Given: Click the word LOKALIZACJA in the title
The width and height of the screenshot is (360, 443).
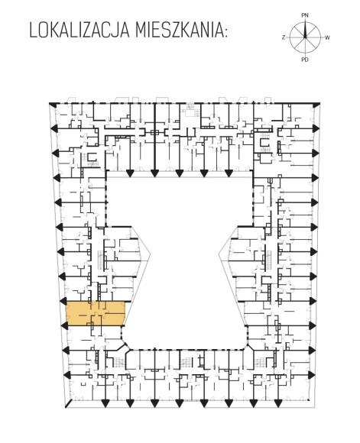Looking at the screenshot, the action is click(x=79, y=31).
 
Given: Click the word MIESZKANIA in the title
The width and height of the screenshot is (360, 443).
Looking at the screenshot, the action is click(x=177, y=31).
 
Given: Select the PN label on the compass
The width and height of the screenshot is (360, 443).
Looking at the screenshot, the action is click(x=305, y=15).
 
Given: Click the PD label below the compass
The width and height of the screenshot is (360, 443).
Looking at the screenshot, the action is click(x=305, y=60).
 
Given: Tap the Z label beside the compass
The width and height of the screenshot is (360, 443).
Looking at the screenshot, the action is click(x=284, y=37).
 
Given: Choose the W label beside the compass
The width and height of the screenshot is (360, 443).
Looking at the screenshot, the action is click(x=327, y=37).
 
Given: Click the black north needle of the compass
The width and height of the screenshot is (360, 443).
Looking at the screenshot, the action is click(x=305, y=29).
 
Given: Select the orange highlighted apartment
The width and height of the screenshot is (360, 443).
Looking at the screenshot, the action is click(x=96, y=313).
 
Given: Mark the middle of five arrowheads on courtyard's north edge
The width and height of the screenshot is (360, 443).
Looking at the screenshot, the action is click(x=179, y=173).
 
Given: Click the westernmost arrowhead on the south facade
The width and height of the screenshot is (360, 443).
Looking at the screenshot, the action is click(x=105, y=403).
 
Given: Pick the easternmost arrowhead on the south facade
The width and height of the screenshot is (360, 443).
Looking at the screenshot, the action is click(x=278, y=403).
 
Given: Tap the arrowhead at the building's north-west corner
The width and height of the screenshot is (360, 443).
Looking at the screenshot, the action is click(x=53, y=105).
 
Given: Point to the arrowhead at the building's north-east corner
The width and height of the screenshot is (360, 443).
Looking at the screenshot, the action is click(x=316, y=105).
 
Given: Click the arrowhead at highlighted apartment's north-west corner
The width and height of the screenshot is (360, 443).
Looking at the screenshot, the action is click(x=64, y=301).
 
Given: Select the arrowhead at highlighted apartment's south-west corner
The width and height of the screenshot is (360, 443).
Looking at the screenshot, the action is click(x=65, y=325).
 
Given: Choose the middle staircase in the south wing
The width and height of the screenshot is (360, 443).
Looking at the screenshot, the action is click(x=186, y=362).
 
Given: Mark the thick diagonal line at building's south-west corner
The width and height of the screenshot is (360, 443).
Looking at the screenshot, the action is click(x=69, y=403).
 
